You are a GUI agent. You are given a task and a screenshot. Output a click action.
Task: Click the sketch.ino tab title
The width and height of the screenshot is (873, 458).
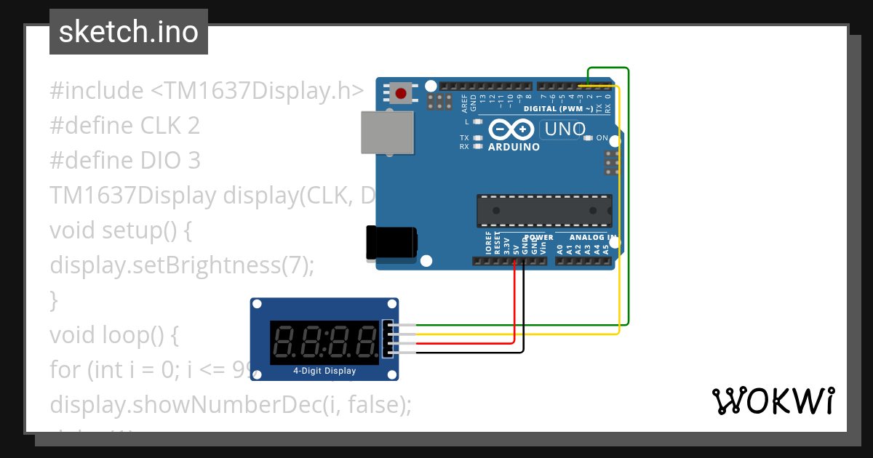(129, 32)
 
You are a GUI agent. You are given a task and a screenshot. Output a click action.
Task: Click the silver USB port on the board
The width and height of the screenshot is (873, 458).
(387, 133)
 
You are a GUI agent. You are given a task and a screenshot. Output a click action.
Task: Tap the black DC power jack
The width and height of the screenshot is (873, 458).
(391, 242)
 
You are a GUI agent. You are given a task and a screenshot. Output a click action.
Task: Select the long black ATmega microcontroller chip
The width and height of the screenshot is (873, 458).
(543, 210)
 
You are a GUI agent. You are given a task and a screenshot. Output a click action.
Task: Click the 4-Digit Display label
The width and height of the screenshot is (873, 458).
(324, 371)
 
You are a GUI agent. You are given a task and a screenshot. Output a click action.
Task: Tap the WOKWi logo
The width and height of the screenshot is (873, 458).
(773, 401)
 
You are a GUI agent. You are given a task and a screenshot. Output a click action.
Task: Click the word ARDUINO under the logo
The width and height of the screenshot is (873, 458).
(514, 147)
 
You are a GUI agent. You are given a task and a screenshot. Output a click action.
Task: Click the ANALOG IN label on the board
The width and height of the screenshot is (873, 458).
(593, 238)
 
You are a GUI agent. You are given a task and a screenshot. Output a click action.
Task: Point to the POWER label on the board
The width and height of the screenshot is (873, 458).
(539, 238)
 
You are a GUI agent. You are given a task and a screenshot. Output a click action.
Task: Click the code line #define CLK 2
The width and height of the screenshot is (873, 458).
(124, 126)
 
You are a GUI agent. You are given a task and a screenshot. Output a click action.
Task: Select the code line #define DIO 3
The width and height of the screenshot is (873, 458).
(124, 160)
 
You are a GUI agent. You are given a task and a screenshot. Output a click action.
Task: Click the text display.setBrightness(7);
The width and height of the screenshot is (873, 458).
(182, 265)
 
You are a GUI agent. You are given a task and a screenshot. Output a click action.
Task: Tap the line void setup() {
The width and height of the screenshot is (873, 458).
(120, 230)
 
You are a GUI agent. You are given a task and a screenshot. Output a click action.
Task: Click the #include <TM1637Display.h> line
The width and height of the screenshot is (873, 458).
(207, 92)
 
